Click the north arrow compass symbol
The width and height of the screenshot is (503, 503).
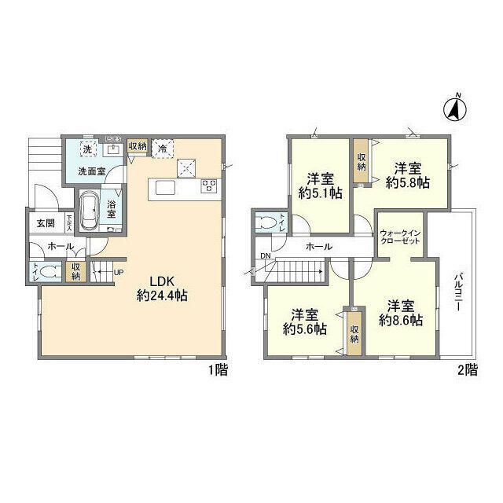[453, 108]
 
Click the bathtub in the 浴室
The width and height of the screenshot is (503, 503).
[87, 211]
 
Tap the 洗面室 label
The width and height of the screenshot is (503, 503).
[91, 171]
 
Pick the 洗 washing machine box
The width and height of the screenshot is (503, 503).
[89, 149]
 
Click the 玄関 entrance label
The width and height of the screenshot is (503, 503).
[45, 222]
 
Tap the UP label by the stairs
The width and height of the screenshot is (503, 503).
[119, 272]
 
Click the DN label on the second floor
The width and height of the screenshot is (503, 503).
[265, 256]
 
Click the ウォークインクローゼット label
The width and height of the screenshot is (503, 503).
[401, 238]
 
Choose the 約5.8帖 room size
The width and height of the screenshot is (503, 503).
[407, 182]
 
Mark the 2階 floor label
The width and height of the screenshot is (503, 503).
[467, 371]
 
